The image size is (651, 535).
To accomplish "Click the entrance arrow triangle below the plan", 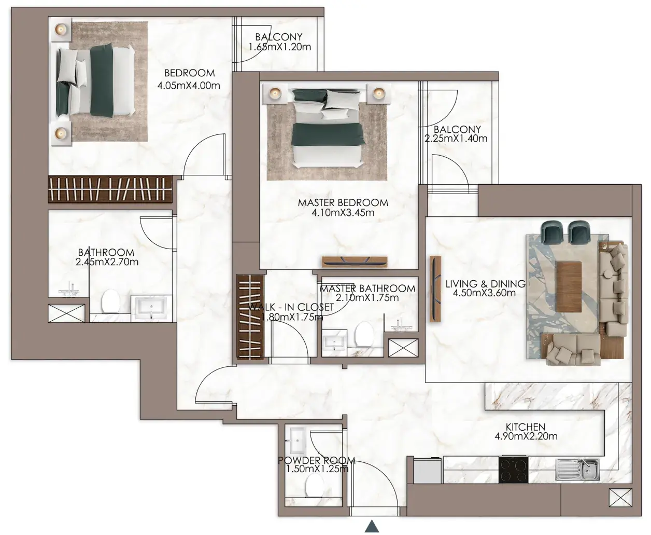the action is [x=372, y=526].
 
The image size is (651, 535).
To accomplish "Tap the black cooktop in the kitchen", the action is [x=513, y=470].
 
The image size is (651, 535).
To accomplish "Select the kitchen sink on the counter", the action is [x=577, y=470].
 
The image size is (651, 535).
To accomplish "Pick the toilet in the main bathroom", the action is [x=110, y=301].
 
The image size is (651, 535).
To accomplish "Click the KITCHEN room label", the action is [x=526, y=427].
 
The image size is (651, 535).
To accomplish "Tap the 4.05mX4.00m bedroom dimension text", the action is [x=189, y=85].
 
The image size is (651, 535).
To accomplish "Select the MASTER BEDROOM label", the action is [x=343, y=203].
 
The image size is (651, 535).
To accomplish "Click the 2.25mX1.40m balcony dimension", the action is [x=456, y=139].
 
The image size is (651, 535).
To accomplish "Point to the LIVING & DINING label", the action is [x=485, y=283].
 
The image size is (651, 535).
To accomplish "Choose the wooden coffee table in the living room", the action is [x=569, y=287].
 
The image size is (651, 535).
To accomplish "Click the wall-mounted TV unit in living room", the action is [x=435, y=289].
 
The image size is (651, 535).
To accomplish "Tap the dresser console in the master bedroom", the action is [x=355, y=262].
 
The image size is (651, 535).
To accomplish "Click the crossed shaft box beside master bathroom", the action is [x=403, y=348].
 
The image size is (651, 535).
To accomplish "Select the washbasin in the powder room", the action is [x=298, y=440].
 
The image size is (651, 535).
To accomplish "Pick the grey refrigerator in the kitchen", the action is [x=427, y=471].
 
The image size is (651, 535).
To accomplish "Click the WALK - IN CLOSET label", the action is [x=291, y=307].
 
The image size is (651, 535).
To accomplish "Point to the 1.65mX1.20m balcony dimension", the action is [x=280, y=47].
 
